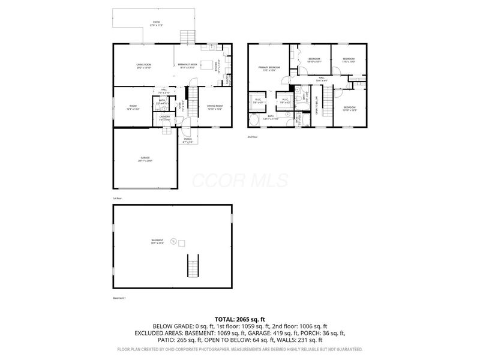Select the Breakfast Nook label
tap(187, 65)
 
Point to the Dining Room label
tap(215, 107)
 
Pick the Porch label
tap(188, 141)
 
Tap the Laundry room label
tap(164, 118)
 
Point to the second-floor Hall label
tap(322, 79)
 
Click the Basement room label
tap(157, 241)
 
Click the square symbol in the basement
tap(182, 243)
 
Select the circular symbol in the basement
tap(173, 242)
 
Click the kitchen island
tap(208, 65)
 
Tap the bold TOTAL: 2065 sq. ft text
tap(239, 319)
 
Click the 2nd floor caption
tap(252, 137)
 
